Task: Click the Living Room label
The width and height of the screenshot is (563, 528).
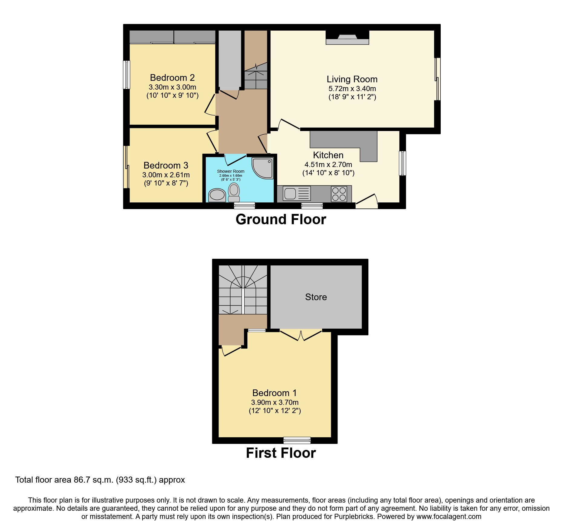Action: click(x=352, y=79)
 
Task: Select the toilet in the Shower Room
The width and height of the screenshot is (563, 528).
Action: click(x=234, y=192)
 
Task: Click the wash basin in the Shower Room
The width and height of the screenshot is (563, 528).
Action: click(x=217, y=195)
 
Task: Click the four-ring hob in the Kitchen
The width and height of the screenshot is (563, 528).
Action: click(x=339, y=194)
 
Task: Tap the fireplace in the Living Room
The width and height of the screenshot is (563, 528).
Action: click(x=347, y=39)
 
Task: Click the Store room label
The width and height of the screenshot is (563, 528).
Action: click(x=316, y=297)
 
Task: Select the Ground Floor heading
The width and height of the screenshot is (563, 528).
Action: click(x=281, y=219)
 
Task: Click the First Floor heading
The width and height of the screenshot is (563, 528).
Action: click(x=281, y=453)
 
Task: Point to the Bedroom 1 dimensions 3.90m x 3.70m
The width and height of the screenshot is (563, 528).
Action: click(x=275, y=402)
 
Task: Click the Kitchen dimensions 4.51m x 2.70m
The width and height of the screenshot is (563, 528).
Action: click(x=328, y=165)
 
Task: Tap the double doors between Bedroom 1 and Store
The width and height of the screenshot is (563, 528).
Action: click(x=301, y=335)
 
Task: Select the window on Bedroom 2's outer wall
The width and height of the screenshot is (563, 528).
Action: click(x=127, y=75)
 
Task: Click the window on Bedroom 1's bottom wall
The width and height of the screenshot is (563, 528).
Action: click(x=297, y=440)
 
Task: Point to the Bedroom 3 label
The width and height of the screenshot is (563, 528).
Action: click(x=166, y=166)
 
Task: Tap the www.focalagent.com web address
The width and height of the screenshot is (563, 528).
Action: click(x=449, y=517)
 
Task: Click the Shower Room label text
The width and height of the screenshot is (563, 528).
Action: click(x=230, y=171)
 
